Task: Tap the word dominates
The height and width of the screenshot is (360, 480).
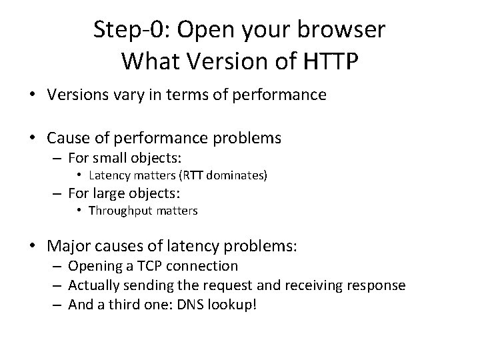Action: pos(235,176)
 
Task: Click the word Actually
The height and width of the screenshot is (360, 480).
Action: pos(97,285)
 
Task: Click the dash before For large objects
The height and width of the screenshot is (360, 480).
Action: pos(58,193)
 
